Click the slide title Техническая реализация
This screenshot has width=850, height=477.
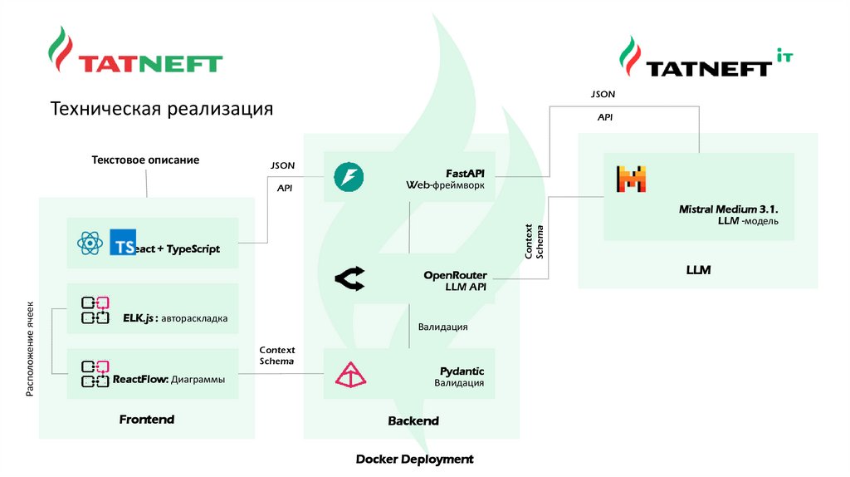tap(162, 110)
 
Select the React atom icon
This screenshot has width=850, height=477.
tap(89, 243)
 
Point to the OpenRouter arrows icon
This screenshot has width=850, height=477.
tap(349, 280)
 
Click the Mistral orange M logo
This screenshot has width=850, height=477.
tap(631, 179)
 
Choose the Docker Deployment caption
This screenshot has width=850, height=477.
tap(414, 459)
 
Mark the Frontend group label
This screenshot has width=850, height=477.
tap(147, 420)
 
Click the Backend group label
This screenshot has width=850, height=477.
tap(413, 421)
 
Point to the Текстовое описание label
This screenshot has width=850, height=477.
tap(145, 160)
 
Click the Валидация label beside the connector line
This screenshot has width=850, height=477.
tap(442, 327)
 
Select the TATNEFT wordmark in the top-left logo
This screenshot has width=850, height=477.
tap(150, 63)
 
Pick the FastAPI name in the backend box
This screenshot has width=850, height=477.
tap(465, 172)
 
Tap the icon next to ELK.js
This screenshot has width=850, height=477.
tap(95, 310)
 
